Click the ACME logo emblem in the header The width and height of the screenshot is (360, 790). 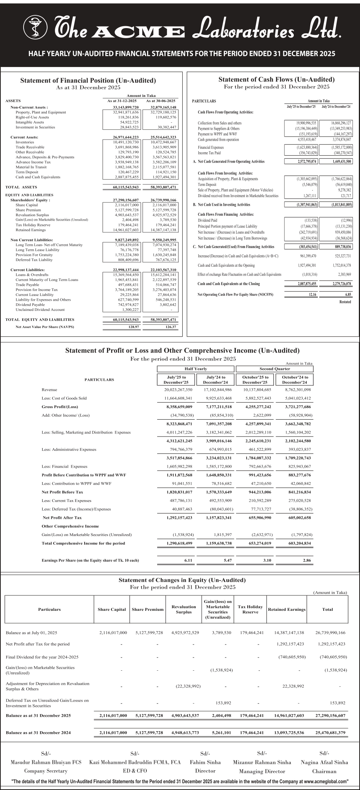36,28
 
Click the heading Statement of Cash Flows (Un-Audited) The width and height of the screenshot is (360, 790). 276,79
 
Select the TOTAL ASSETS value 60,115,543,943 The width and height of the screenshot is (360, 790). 126,187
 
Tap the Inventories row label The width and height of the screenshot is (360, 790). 25,142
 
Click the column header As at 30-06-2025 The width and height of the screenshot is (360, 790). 161,101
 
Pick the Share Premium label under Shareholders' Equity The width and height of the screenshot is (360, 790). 27,210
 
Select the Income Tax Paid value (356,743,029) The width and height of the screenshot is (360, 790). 306,153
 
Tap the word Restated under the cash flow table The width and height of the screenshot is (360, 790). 345,302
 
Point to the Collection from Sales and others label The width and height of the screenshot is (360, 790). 220,123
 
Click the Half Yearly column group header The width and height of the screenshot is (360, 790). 196,369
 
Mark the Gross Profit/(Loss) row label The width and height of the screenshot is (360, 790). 60,407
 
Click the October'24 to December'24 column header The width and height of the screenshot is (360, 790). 295,380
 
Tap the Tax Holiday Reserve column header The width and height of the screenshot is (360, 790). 250,609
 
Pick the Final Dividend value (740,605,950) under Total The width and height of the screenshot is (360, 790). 333,657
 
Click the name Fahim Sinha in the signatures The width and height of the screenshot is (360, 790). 205,762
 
